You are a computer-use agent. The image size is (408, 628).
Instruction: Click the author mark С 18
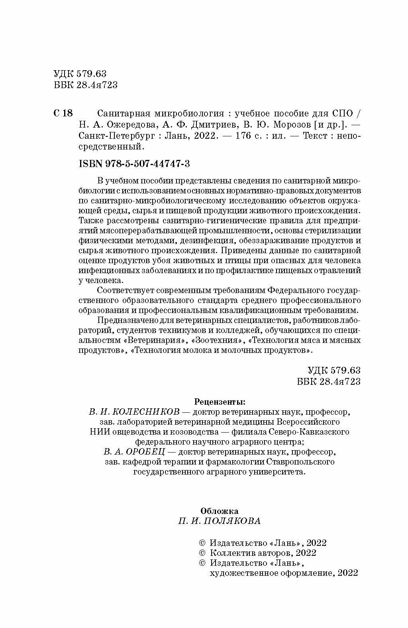click(63, 113)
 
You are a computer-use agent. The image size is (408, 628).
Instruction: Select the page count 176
click(243, 136)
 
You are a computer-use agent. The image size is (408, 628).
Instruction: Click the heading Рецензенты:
click(220, 401)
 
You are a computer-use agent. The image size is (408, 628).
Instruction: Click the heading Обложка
click(220, 511)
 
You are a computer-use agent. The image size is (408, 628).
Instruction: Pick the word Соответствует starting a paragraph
click(124, 289)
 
